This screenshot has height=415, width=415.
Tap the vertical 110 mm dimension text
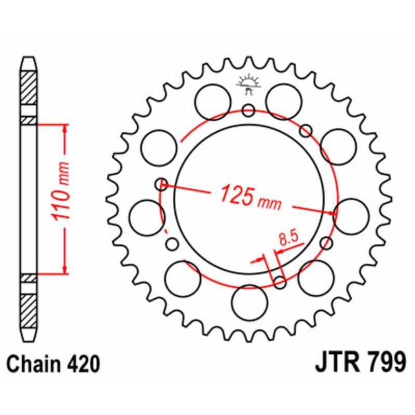click(63, 198)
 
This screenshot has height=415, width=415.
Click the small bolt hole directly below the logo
click(248, 110)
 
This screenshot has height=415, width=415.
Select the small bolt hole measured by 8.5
click(280, 282)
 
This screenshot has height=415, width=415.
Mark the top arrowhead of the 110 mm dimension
click(64, 128)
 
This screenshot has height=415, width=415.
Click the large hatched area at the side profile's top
click(29, 86)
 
